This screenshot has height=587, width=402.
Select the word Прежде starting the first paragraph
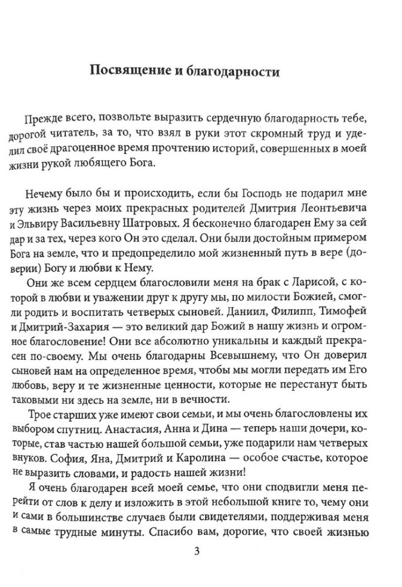point(42,119)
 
